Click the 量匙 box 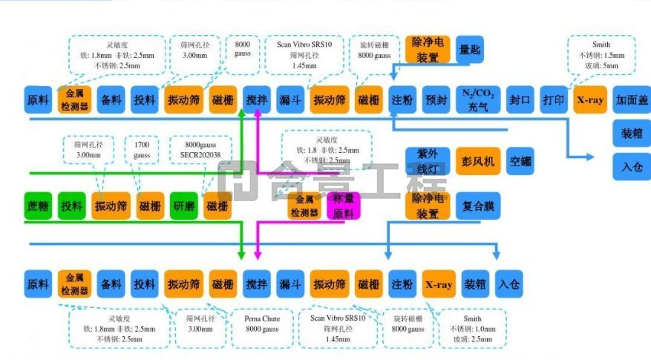coord(469,49)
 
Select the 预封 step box coord(436,99)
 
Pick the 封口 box coord(520,99)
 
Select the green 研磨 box coord(184,206)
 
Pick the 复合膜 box coord(474,206)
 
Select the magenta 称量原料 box coord(344,206)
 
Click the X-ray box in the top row coord(591,99)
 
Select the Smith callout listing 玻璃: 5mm coord(601,55)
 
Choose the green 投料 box coord(73,206)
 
